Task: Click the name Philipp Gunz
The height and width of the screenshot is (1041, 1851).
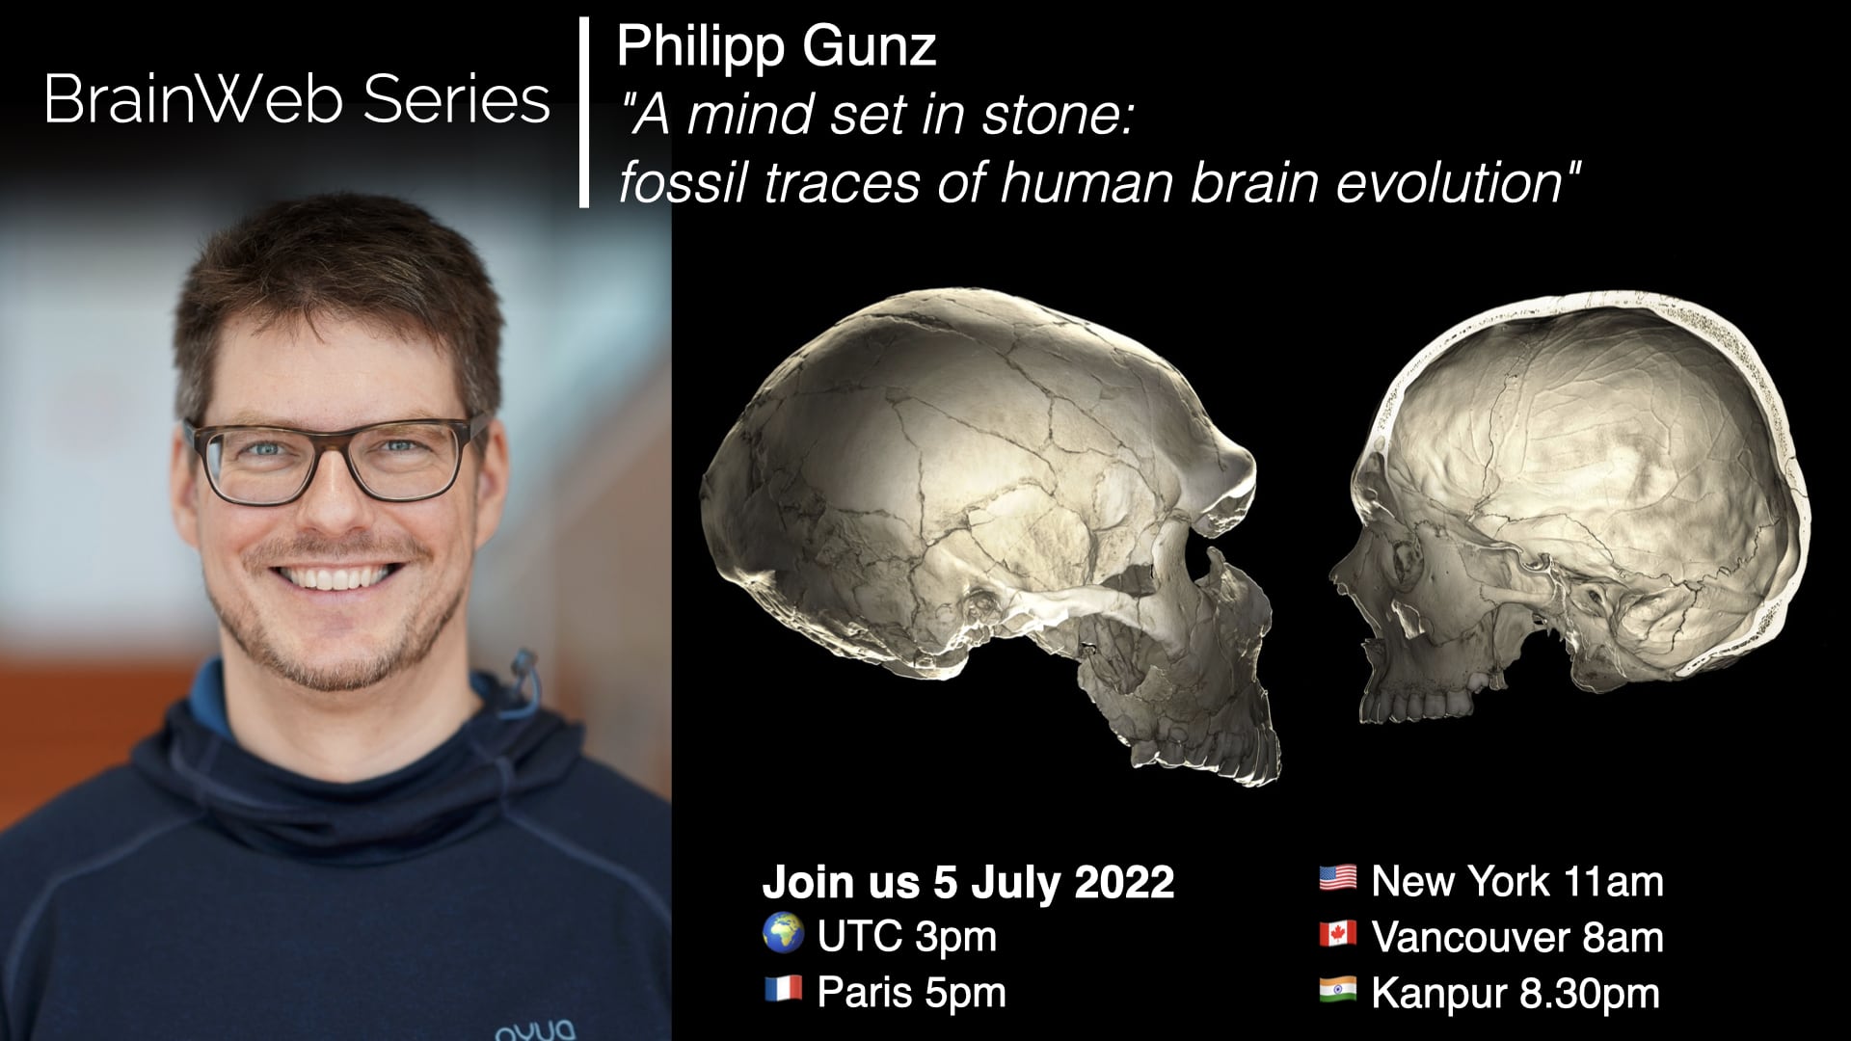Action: pos(776,46)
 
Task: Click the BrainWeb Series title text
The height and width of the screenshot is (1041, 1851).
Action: pos(296,99)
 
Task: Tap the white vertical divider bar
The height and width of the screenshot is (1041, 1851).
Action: pos(583,112)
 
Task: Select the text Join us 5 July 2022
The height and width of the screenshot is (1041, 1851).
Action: pos(968,882)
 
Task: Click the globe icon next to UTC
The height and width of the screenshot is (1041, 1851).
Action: pos(783,934)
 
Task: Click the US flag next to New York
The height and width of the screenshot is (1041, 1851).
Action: pos(1337,879)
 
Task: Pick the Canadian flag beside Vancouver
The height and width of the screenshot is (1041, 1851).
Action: pos(1337,935)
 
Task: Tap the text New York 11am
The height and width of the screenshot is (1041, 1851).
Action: pos(1516,881)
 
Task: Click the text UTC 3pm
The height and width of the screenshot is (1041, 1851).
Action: pos(906,936)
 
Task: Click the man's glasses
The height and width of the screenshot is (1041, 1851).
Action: pos(335,461)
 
